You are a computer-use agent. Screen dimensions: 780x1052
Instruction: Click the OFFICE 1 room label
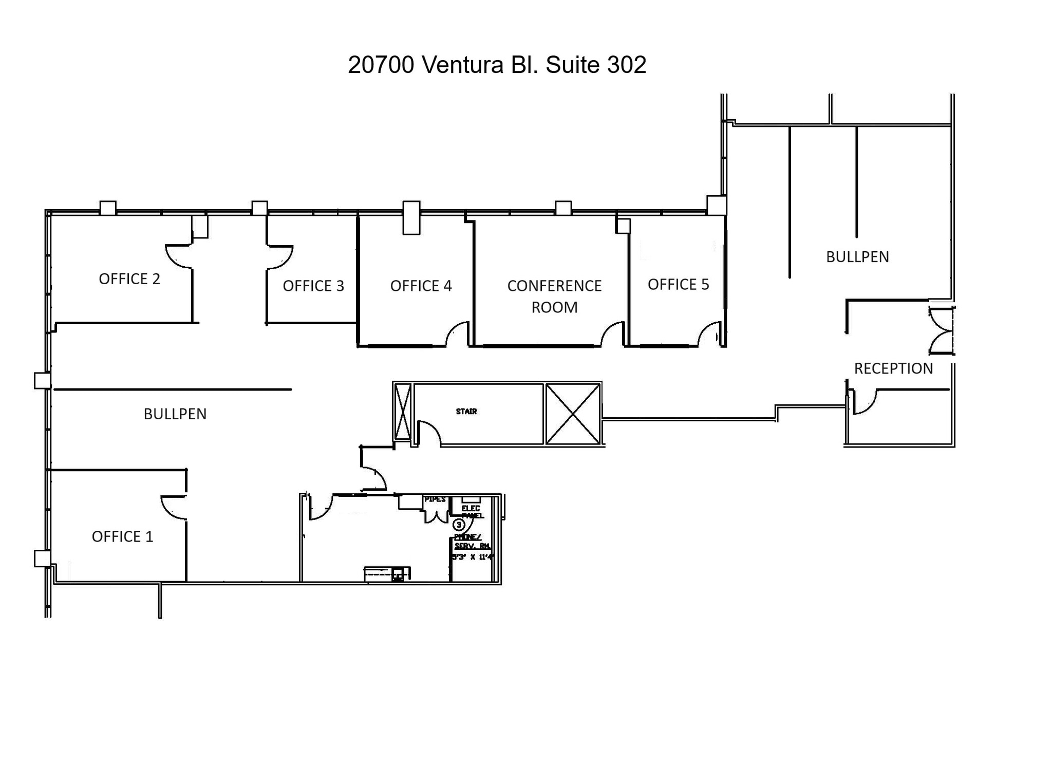[122, 536]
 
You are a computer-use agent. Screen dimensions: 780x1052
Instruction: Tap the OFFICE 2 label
[129, 279]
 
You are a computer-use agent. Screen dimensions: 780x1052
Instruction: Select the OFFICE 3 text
[313, 286]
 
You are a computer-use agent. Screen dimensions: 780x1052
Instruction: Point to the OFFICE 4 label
[421, 286]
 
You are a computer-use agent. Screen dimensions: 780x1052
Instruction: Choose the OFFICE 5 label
[678, 285]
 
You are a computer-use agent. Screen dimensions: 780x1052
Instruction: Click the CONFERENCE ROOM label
[554, 296]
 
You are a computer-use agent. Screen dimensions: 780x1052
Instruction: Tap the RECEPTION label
[893, 368]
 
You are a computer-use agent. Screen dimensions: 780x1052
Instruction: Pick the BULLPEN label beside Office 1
[175, 414]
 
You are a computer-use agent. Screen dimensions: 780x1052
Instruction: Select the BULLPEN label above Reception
[857, 257]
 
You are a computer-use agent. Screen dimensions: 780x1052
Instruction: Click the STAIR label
[466, 412]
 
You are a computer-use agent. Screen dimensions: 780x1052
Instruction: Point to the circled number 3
[459, 525]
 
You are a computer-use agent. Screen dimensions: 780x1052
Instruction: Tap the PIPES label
[435, 499]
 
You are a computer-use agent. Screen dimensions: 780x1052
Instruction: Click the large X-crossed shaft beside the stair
[573, 414]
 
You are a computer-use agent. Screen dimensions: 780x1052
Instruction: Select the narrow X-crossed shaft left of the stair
[403, 412]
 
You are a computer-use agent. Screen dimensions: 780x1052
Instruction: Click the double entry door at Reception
[941, 331]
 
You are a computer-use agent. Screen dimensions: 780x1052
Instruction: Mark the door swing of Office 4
[458, 335]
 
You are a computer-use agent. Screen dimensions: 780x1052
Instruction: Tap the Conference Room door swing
[613, 335]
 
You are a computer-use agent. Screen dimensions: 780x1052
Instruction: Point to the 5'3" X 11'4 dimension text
[472, 557]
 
